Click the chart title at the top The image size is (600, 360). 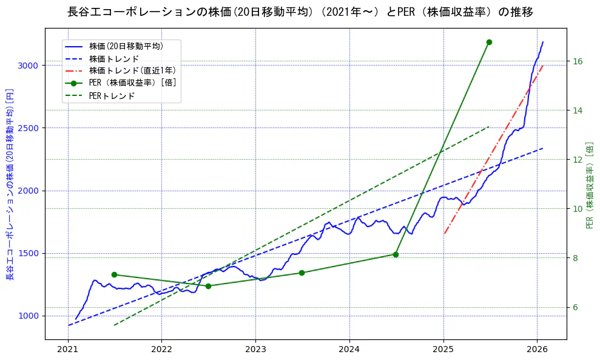[x=300, y=12]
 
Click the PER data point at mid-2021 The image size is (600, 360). [x=114, y=274]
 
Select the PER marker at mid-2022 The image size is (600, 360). [x=208, y=286]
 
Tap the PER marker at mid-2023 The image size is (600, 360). [x=302, y=273]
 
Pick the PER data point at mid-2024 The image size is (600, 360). [x=396, y=254]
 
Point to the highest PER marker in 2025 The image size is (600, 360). [x=489, y=42]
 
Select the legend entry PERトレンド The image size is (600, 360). [x=112, y=96]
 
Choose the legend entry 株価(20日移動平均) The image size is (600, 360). [x=126, y=46]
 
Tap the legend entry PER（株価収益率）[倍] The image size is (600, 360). [x=132, y=83]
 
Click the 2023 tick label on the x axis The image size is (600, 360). [x=255, y=350]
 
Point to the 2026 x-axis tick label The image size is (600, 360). [x=537, y=350]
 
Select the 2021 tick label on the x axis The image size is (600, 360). [x=68, y=350]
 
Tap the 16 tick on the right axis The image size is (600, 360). [x=578, y=61]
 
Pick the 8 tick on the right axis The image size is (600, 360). [x=575, y=257]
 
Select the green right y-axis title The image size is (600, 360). [x=590, y=185]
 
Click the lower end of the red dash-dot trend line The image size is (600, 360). [x=444, y=234]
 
